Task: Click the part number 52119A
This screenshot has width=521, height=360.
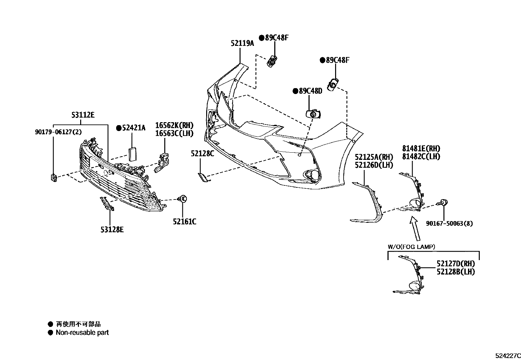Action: point(243,43)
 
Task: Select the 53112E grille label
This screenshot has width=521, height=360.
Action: point(83,115)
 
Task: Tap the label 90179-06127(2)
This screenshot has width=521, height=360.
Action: point(58,132)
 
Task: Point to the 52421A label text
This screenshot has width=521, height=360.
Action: point(134,128)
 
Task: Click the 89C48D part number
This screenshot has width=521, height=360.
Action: point(311,91)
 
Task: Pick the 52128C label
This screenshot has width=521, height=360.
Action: point(203,154)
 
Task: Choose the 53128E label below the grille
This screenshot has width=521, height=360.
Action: point(112,230)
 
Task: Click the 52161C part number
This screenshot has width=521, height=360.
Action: point(185,222)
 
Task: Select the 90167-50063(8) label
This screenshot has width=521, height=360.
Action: point(449,223)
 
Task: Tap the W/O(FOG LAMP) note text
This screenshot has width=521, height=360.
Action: point(411,247)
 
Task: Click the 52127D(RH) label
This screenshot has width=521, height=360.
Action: point(456,264)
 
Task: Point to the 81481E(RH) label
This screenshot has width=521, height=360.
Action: point(421,149)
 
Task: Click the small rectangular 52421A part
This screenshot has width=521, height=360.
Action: point(133,154)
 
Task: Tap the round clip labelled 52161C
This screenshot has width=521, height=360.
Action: point(182,199)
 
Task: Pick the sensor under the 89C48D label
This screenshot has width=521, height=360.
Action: point(313,114)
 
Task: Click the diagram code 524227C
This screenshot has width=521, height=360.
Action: point(508,356)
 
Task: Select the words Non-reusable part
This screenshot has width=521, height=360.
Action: point(82,332)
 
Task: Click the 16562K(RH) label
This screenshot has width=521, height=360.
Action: point(174,125)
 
